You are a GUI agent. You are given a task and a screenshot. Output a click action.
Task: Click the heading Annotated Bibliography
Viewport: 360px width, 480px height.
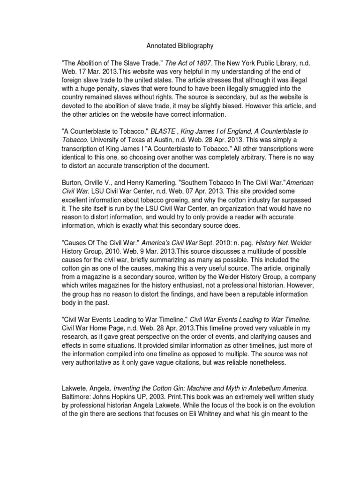click(x=180, y=46)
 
